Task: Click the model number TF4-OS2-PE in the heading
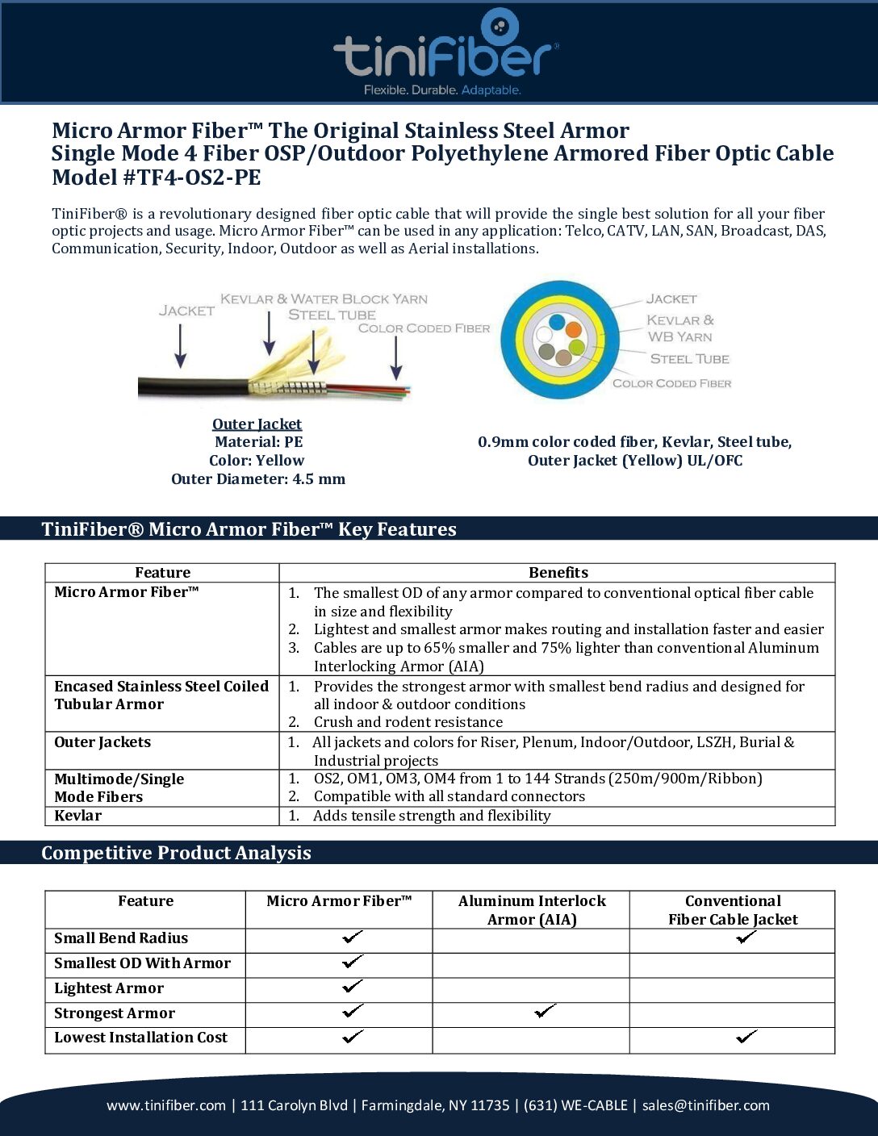(192, 177)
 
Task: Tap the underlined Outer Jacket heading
(257, 424)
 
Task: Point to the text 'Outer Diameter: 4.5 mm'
(258, 479)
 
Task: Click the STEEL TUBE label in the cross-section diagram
(689, 359)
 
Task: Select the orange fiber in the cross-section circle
(573, 329)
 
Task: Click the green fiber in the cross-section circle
(576, 348)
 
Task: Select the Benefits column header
(558, 573)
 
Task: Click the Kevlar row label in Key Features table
(77, 816)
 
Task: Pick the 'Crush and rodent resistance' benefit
(408, 722)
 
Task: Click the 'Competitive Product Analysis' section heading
(176, 853)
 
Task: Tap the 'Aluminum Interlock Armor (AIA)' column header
(532, 910)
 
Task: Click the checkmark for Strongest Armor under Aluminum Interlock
(546, 1011)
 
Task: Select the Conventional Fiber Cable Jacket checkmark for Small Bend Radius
(746, 938)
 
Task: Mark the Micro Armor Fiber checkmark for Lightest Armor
(353, 987)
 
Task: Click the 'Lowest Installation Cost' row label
(140, 1038)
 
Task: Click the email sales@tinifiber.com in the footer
(705, 1105)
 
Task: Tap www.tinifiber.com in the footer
(166, 1105)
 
